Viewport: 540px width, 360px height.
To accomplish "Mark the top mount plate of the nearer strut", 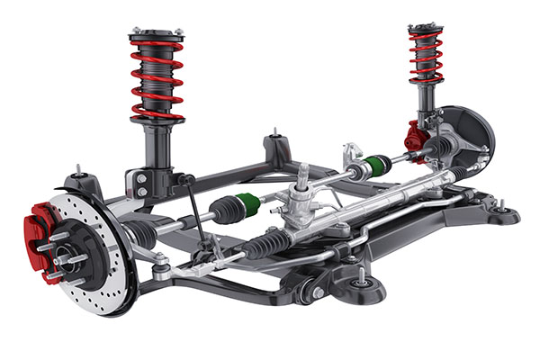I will (x=157, y=36).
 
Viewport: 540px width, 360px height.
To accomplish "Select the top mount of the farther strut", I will (x=425, y=30).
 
